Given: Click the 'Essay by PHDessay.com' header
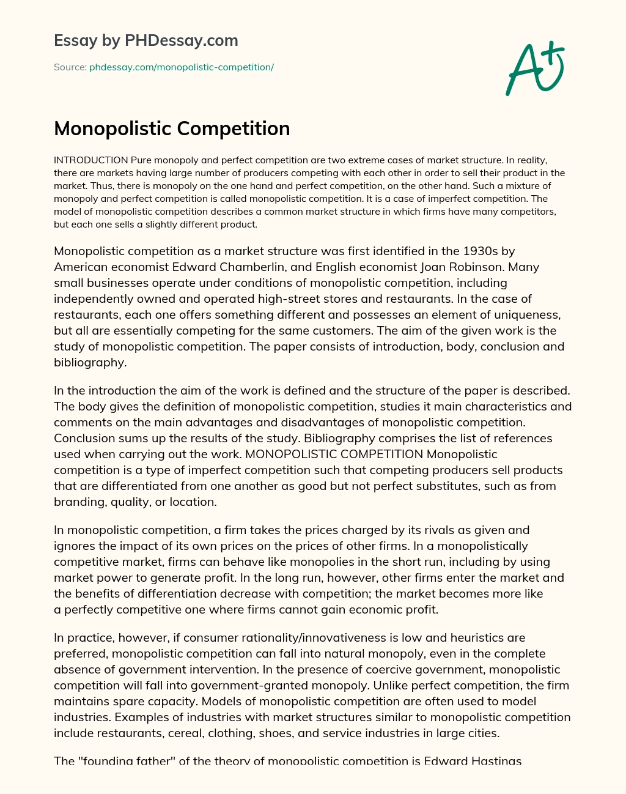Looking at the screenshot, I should coord(145,41).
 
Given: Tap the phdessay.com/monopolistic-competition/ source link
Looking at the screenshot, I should coord(181,67).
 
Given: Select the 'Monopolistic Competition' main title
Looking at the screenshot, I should coord(172,128).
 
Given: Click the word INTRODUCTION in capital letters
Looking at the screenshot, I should coord(91,161).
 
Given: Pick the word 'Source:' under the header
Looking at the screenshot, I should coord(70,67).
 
